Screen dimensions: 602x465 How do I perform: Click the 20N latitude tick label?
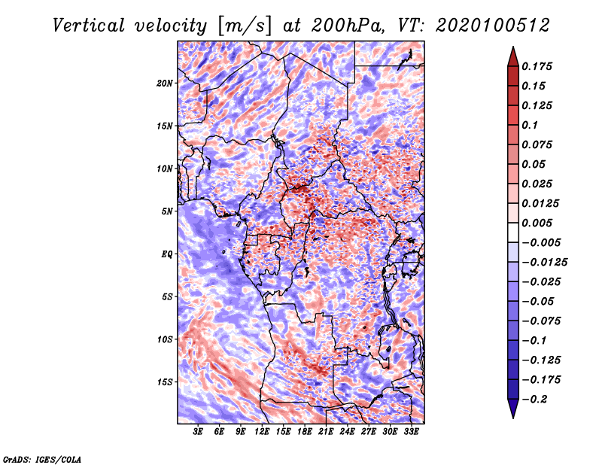point(165,84)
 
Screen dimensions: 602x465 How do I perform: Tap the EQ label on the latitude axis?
point(166,254)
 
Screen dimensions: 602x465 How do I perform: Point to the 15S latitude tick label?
point(165,382)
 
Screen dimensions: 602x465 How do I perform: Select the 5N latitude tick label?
point(167,211)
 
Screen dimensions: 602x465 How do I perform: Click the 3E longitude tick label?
point(198,432)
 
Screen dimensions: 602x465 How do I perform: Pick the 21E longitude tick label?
point(326,432)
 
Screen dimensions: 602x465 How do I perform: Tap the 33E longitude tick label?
point(411,432)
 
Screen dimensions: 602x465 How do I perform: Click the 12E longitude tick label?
point(262,432)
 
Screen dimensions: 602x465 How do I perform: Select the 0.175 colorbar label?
point(537,66)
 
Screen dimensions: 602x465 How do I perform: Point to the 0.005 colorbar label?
point(537,223)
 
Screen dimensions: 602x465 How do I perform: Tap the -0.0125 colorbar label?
point(544,263)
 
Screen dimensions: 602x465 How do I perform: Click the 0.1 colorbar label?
point(530,125)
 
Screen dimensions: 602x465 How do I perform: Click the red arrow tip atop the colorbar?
point(513,47)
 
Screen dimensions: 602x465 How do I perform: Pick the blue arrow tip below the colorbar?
point(513,418)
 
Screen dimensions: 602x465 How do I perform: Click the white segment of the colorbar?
point(513,232)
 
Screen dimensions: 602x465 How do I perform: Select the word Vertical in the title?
point(89,26)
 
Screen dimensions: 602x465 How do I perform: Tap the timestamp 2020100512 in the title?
point(493,26)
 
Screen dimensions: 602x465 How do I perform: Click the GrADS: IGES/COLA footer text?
point(42,459)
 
